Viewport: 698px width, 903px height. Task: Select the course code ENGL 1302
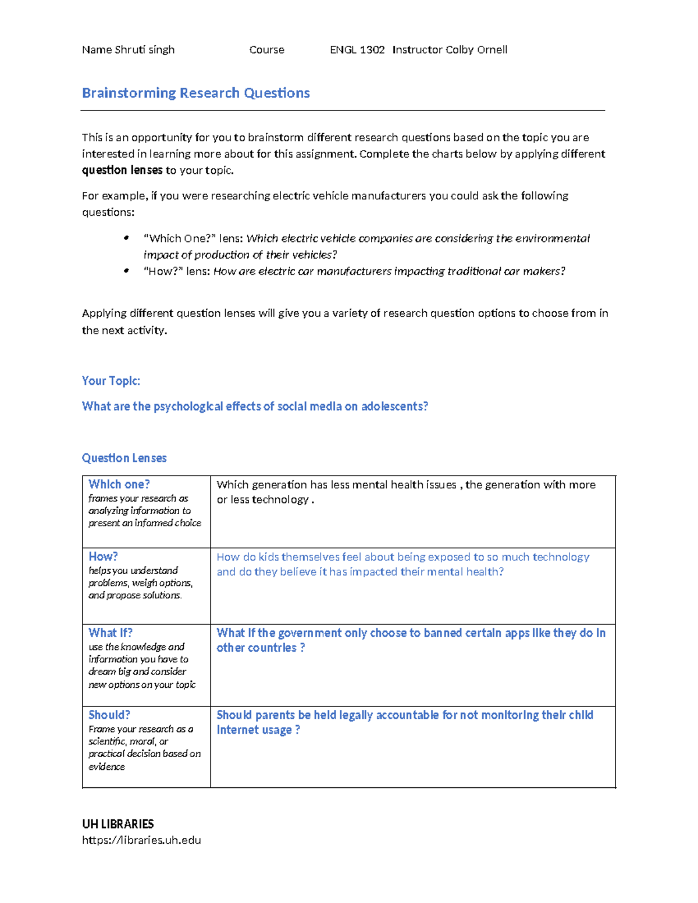(357, 50)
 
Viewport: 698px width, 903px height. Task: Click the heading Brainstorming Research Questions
(195, 93)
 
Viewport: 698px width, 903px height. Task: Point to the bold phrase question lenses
(122, 170)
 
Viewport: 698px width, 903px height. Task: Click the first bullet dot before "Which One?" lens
(126, 238)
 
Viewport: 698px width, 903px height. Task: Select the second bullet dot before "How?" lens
(126, 271)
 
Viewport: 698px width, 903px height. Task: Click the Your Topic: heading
(111, 381)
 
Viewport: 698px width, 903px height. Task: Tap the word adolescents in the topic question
(394, 406)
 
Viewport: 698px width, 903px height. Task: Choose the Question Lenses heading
(124, 458)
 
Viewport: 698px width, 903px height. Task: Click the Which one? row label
(119, 484)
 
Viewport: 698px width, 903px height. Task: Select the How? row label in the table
(103, 556)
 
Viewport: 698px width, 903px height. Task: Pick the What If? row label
(110, 633)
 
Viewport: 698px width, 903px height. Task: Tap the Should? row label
(109, 715)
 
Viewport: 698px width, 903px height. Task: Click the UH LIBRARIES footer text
(117, 824)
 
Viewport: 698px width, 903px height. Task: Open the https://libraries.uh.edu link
(141, 840)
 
